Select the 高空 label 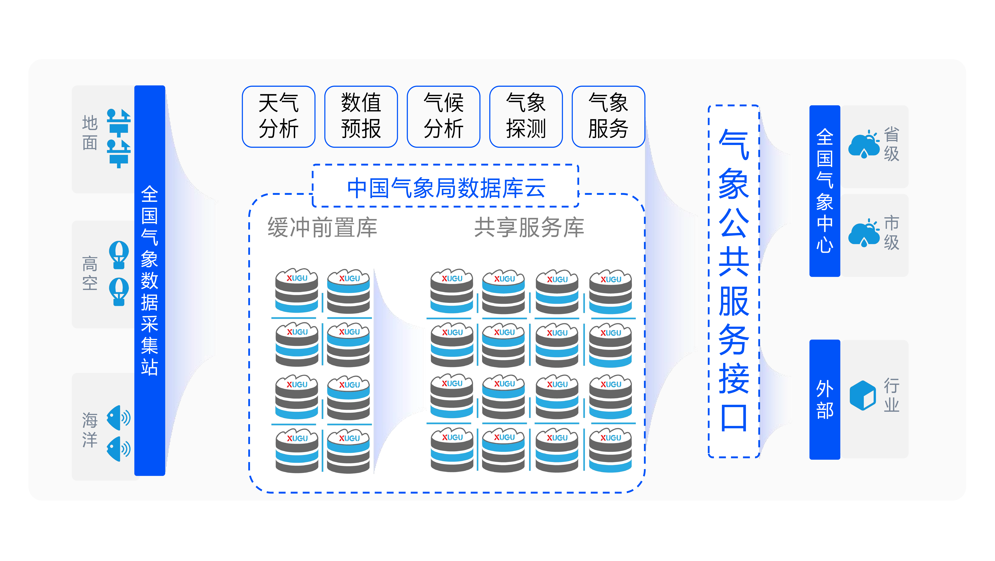[x=90, y=273]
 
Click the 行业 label [x=891, y=395]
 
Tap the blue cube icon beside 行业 [x=862, y=395]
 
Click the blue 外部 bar [x=825, y=399]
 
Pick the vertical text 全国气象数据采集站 [x=150, y=281]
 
